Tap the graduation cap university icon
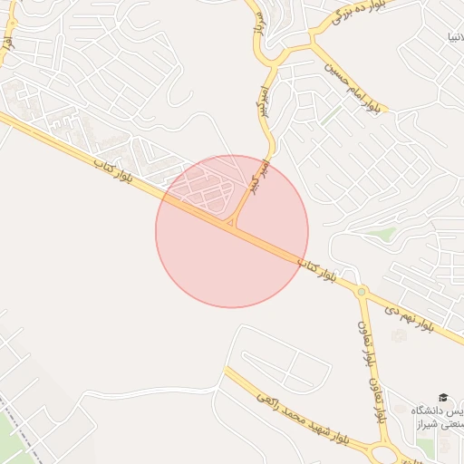(x=443, y=397)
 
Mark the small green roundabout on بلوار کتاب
(x=362, y=292)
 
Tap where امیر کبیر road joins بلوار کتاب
(x=234, y=225)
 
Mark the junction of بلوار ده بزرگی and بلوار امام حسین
(x=314, y=40)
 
